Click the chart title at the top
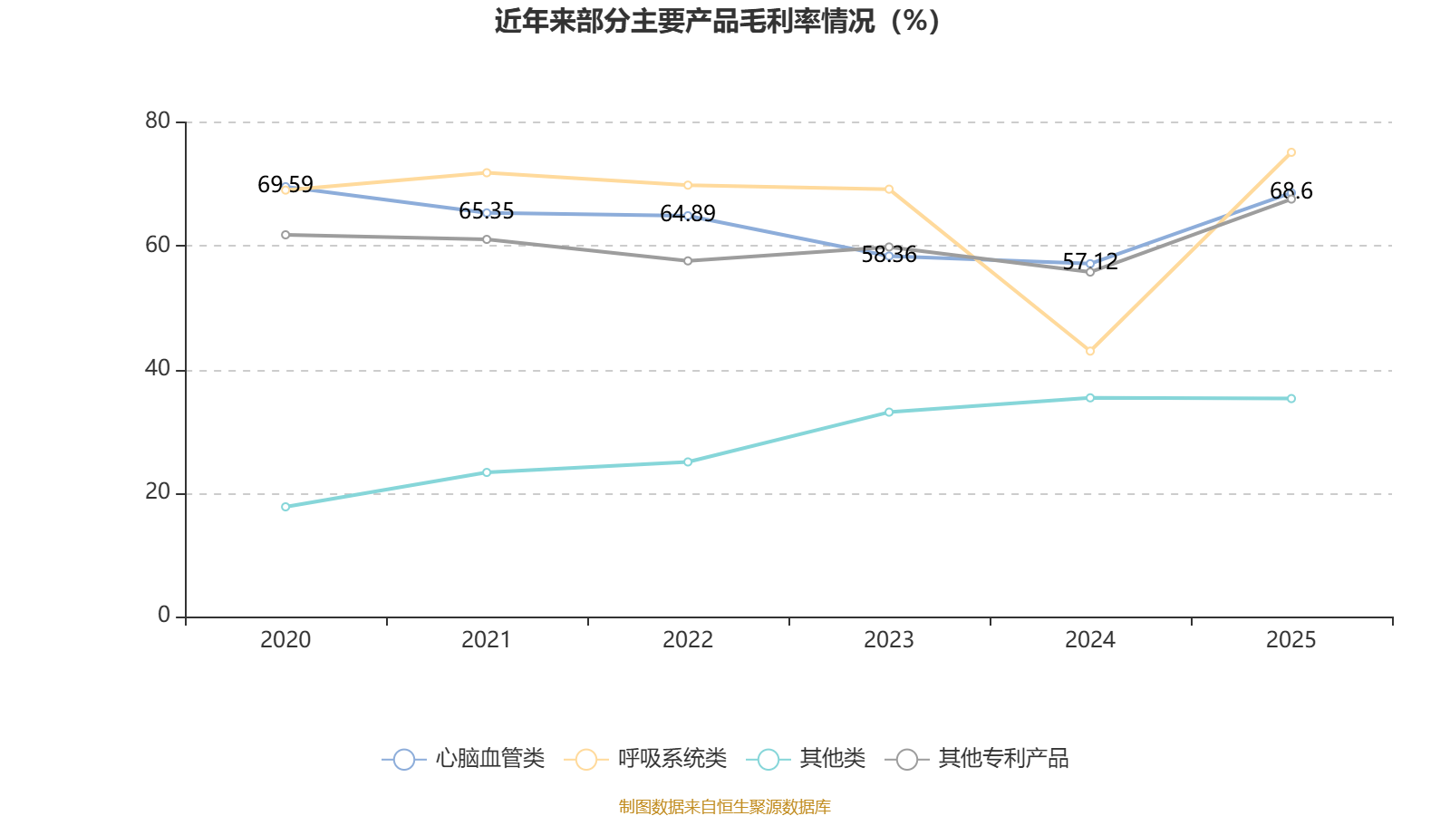pyautogui.click(x=718, y=21)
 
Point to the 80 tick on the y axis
pyautogui.click(x=158, y=121)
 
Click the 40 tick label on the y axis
pyautogui.click(x=158, y=369)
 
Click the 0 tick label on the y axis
pyautogui.click(x=164, y=616)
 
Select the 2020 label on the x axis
pyautogui.click(x=285, y=640)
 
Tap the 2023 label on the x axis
pyautogui.click(x=889, y=640)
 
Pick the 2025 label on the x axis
pyautogui.click(x=1290, y=640)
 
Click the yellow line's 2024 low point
pyautogui.click(x=1090, y=351)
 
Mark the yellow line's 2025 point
pyautogui.click(x=1291, y=152)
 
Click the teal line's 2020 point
pyautogui.click(x=285, y=507)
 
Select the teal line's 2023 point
pyautogui.click(x=889, y=412)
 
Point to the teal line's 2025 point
pyautogui.click(x=1291, y=399)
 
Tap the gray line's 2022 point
pyautogui.click(x=688, y=261)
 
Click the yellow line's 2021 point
pyautogui.click(x=487, y=172)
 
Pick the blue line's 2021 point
pyautogui.click(x=487, y=213)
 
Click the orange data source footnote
pyautogui.click(x=724, y=807)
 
